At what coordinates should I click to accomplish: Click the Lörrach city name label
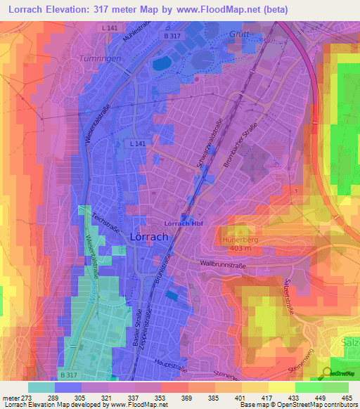coord(149,238)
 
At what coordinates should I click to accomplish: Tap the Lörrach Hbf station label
coord(184,223)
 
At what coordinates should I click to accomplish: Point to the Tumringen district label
coord(97,59)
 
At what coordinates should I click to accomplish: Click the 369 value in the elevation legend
coord(175,397)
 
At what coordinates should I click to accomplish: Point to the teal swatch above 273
coord(41,387)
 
